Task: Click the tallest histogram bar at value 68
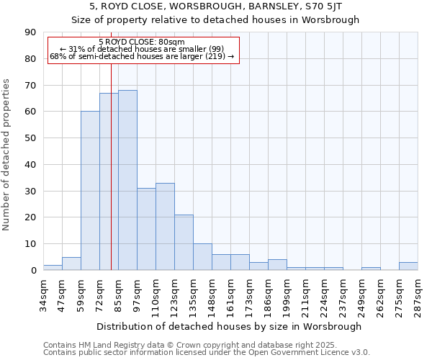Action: [127, 180]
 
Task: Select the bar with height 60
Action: [90, 191]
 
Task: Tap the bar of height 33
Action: [165, 227]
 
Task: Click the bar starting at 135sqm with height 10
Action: [202, 257]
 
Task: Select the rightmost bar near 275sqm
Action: [408, 266]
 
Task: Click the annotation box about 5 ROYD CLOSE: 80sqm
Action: [143, 50]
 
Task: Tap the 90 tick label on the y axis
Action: [30, 32]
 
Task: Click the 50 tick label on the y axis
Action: [30, 138]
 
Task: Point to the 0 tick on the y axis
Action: [33, 271]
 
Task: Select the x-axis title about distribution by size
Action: [229, 326]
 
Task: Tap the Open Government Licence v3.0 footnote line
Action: [206, 353]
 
